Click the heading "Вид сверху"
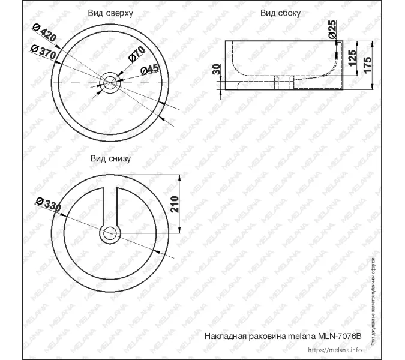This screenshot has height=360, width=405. [110, 12]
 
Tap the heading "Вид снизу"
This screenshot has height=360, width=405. [110, 158]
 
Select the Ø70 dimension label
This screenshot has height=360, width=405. [137, 54]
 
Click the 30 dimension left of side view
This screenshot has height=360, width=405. [216, 70]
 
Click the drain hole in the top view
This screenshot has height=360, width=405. [110, 82]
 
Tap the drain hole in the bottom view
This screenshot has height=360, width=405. [110, 233]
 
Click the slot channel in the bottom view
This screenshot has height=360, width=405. [110, 204]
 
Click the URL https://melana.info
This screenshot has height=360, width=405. [335, 350]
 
